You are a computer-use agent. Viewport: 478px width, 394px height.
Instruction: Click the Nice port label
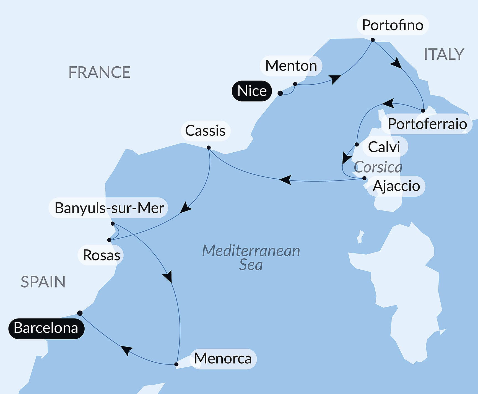pos(252,91)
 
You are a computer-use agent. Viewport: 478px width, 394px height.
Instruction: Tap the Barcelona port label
pos(46,328)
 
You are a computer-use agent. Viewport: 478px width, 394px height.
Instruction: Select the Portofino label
pos(392,25)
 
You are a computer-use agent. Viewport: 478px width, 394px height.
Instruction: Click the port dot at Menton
pos(295,84)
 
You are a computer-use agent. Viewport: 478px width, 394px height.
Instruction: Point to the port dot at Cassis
pos(209,148)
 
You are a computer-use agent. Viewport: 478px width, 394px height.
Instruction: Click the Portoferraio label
pos(427,124)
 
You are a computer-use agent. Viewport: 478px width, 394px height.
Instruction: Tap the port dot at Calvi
pos(357,144)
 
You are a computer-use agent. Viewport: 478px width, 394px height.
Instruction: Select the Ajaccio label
pos(396,186)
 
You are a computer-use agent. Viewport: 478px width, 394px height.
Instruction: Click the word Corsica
pos(378,167)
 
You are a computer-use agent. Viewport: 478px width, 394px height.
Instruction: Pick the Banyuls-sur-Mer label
pos(109,208)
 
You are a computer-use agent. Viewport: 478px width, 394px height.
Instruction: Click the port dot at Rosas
pos(109,240)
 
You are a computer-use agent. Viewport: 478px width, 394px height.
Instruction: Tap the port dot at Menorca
pos(176,364)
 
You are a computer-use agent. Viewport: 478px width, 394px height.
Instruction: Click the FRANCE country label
pos(99,72)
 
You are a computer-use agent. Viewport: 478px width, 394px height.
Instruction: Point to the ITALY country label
pos(444,54)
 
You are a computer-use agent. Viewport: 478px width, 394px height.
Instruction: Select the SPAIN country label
pos(43,282)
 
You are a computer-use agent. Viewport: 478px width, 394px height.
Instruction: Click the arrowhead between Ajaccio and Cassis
pos(285,180)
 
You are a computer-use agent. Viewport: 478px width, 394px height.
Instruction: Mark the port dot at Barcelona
pos(80,313)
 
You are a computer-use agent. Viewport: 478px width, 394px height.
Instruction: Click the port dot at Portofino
pos(373,40)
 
